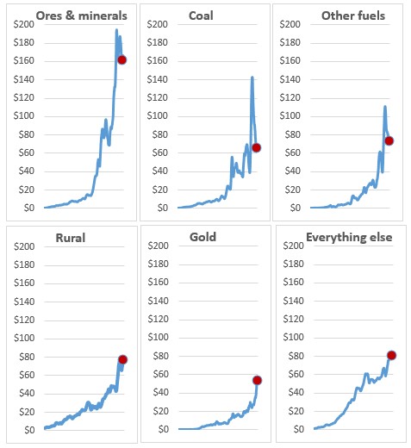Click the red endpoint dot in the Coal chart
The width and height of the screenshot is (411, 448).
(256, 147)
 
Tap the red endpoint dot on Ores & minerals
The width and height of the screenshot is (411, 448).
(121, 59)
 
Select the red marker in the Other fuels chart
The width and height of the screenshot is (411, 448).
(389, 140)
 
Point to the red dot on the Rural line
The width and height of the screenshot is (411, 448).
(122, 359)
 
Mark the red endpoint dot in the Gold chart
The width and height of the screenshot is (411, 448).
(257, 380)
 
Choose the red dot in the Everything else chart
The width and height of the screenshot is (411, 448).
(391, 355)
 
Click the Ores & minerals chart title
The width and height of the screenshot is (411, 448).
(70, 15)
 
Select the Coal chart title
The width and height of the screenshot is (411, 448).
(204, 15)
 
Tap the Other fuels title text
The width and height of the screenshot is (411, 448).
(340, 15)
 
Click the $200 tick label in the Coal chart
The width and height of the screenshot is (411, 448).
(157, 24)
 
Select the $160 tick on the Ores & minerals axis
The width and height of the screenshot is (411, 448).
(23, 60)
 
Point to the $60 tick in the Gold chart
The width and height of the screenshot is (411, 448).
(160, 374)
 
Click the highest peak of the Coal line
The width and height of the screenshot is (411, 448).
(252, 78)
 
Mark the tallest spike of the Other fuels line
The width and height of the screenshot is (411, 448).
(385, 107)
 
